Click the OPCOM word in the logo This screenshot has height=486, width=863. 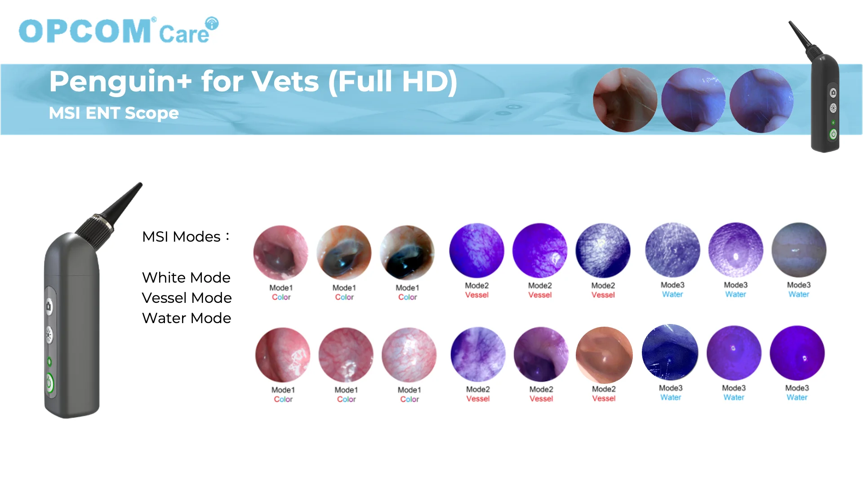(85, 31)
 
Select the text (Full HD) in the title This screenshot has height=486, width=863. (393, 82)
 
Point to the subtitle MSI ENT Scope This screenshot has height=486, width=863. (114, 113)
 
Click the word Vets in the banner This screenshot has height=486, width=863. (285, 81)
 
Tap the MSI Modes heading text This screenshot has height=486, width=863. (186, 237)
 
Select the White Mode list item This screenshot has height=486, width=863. (186, 278)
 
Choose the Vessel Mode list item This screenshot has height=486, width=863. (187, 298)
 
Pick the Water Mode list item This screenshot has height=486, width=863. (187, 318)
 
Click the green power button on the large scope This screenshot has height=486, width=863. (49, 383)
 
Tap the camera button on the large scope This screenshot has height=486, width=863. (49, 306)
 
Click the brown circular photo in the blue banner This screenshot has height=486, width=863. (625, 100)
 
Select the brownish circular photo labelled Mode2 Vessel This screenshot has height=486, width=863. (604, 355)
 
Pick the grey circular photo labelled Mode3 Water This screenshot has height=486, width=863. (799, 250)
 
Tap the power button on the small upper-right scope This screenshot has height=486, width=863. (833, 134)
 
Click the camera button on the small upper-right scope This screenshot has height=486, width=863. (833, 93)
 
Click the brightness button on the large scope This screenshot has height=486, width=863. (49, 335)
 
